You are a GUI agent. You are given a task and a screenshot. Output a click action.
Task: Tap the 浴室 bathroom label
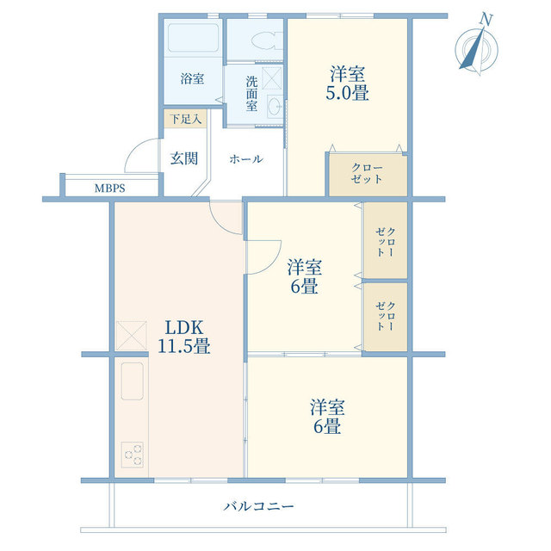tap(192, 78)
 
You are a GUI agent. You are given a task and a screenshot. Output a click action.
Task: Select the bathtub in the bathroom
tap(193, 40)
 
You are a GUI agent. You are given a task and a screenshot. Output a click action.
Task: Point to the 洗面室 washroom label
tap(251, 94)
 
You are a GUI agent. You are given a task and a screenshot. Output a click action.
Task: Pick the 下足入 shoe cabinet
tap(184, 119)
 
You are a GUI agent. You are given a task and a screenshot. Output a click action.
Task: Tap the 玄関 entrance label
tap(183, 158)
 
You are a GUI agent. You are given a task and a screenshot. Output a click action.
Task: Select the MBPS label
tap(109, 186)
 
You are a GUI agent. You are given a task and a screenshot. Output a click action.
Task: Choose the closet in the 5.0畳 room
tap(366, 174)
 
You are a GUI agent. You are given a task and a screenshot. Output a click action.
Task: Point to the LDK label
tap(183, 328)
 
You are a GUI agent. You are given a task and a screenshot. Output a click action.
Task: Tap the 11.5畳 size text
tap(183, 347)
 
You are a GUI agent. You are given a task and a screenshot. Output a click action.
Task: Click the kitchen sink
tap(133, 380)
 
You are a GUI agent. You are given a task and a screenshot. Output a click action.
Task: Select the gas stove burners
tap(133, 453)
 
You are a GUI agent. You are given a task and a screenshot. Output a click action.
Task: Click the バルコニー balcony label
tap(258, 506)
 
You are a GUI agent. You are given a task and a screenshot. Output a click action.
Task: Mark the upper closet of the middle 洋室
tap(385, 241)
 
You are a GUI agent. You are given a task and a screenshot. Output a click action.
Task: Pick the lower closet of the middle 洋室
tap(385, 317)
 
